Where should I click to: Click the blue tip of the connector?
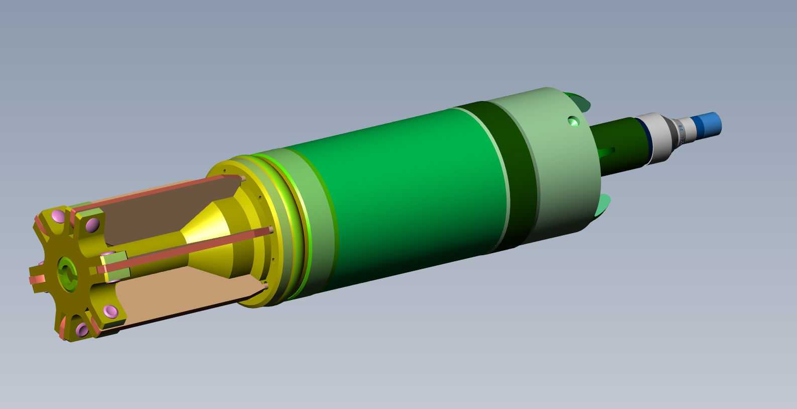pyautogui.click(x=709, y=124)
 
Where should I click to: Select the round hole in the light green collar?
pyautogui.click(x=573, y=121)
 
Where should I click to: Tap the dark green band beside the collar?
pyautogui.click(x=508, y=176)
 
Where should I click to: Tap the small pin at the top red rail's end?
pyautogui.click(x=243, y=178)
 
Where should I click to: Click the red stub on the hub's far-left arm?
pyautogui.click(x=36, y=279)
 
